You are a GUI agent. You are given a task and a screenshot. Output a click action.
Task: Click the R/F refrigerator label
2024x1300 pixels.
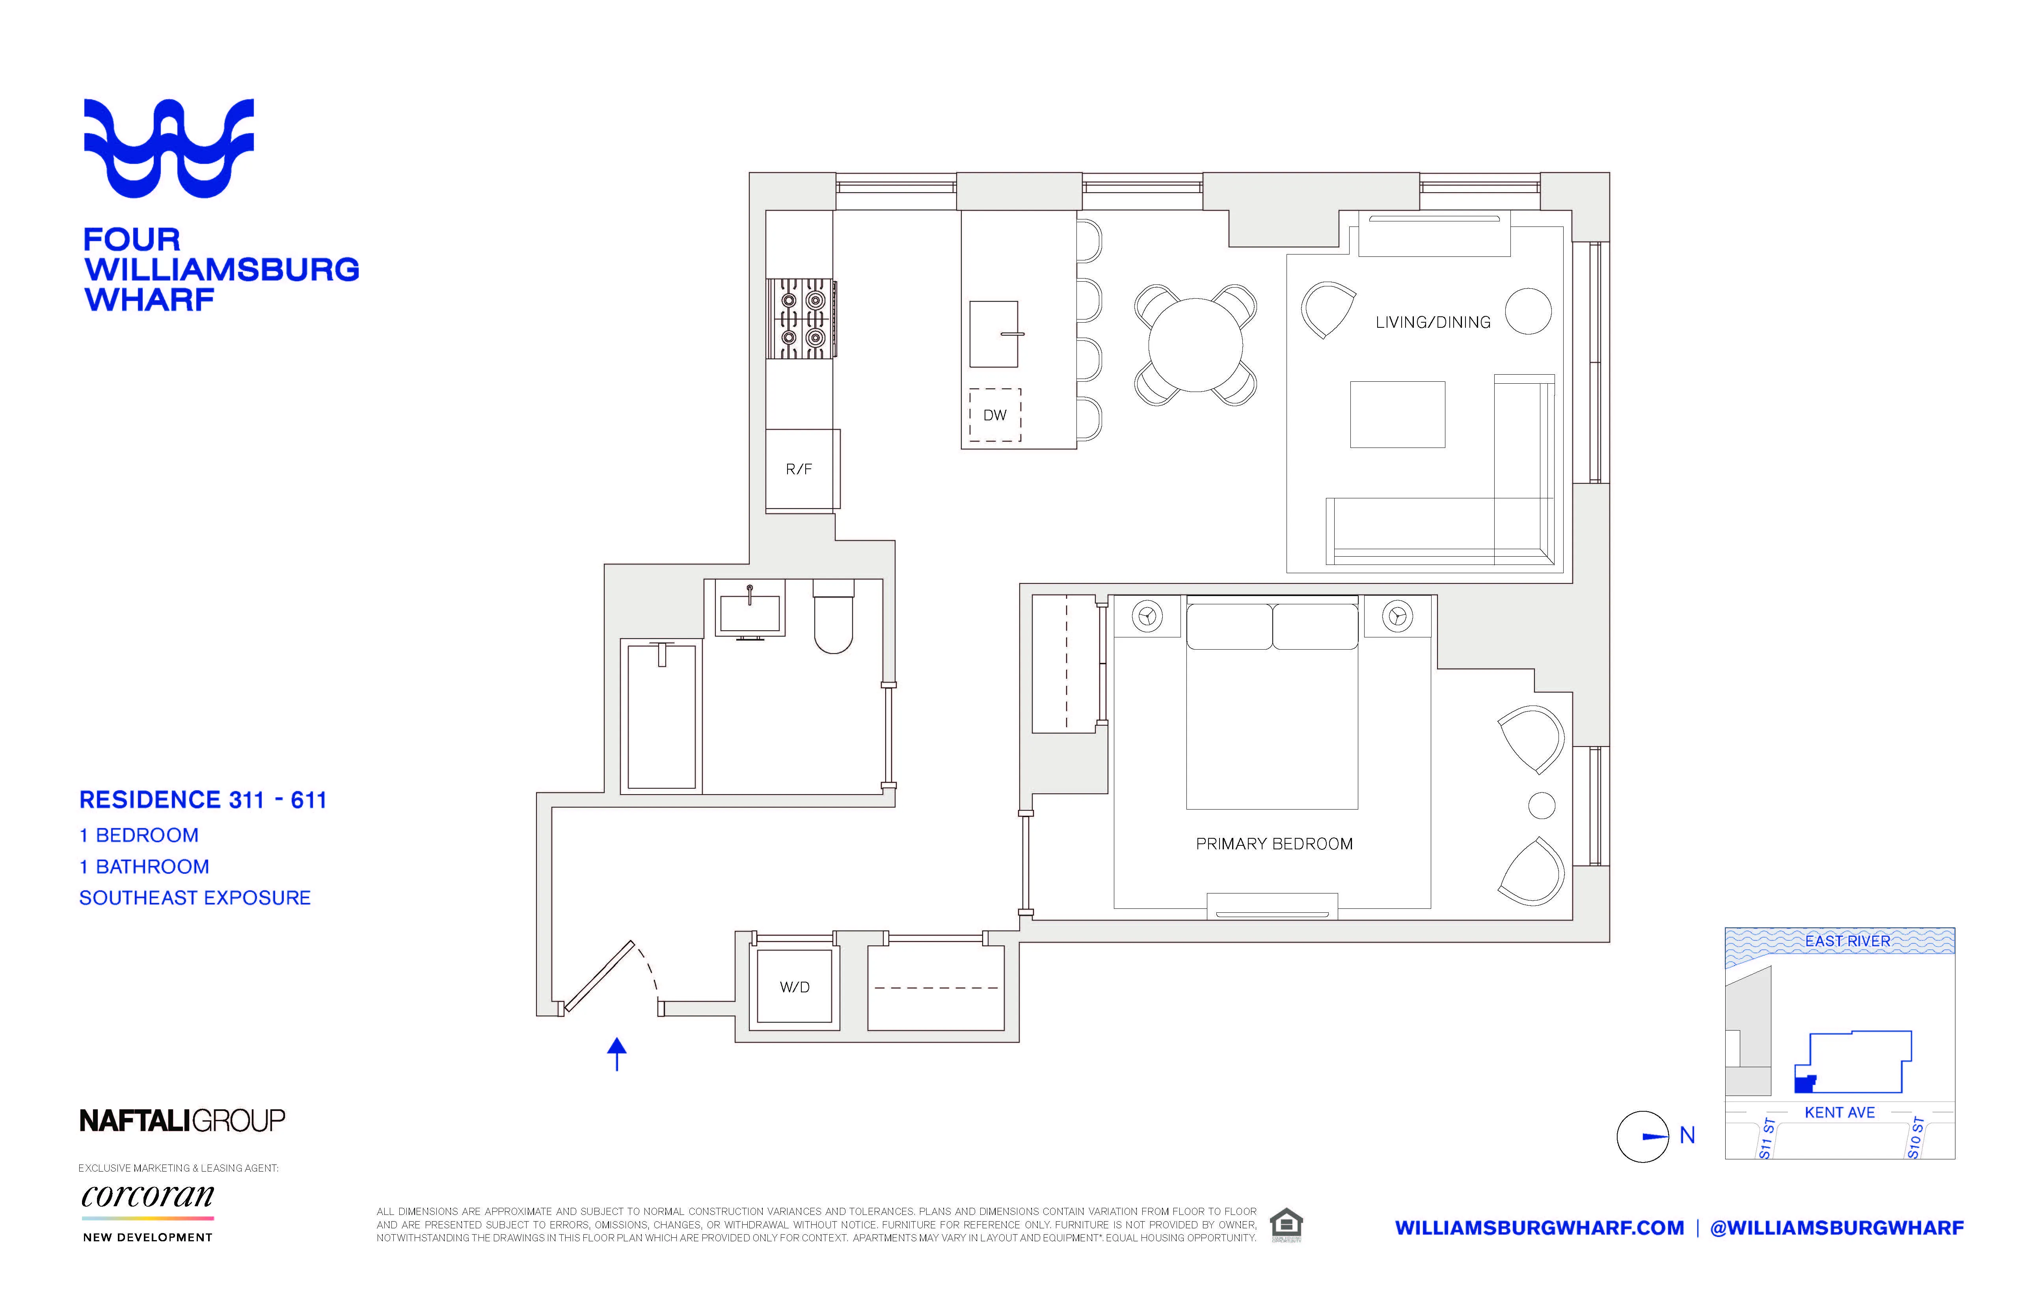tap(799, 469)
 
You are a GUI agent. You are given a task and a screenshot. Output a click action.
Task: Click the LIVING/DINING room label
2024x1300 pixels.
tap(1433, 323)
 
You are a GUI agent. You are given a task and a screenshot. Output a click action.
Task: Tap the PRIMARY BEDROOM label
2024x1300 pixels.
tap(1274, 844)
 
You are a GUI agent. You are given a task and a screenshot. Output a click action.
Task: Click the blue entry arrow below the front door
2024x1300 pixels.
tap(617, 1053)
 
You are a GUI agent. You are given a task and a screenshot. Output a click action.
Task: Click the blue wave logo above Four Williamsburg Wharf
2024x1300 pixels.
tap(169, 148)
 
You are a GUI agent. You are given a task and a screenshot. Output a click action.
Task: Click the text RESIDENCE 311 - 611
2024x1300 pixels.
tap(203, 800)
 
